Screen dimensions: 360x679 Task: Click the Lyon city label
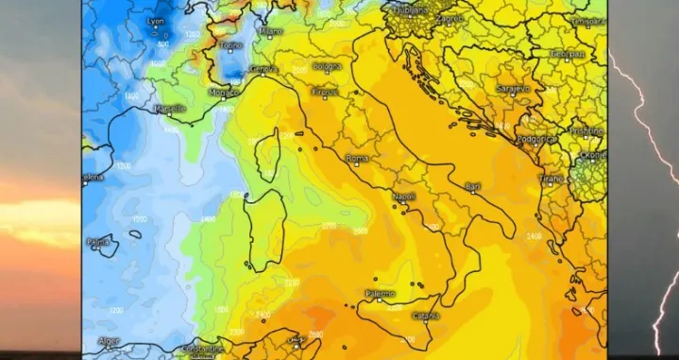pos(156,20)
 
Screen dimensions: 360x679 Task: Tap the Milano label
pos(271,31)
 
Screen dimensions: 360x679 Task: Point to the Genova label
pos(263,68)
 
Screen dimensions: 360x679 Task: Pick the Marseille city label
pos(170,110)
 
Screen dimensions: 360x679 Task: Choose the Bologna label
pos(326,67)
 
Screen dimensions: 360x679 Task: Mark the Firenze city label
pos(325,92)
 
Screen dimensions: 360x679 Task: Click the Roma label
pos(357,158)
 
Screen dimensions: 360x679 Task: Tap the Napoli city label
pos(403,197)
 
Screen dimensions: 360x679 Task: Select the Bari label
pos(473,186)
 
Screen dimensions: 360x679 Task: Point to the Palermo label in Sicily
pos(381,294)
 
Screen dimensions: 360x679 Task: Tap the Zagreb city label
pos(451,18)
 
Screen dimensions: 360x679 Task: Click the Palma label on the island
pos(99,242)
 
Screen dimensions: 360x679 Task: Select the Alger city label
pos(109,341)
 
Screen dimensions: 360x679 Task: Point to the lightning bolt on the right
pos(652,151)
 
